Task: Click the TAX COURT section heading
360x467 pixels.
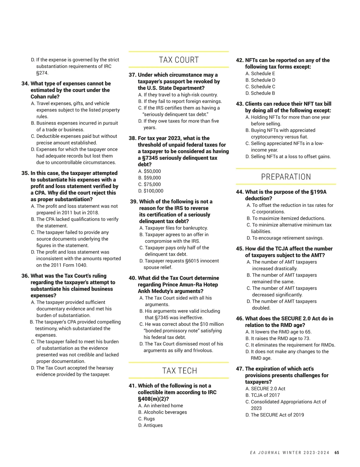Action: click(x=179, y=60)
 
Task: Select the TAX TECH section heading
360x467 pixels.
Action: click(x=180, y=371)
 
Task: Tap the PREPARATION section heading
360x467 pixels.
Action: click(x=286, y=177)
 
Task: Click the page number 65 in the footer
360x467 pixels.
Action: click(x=337, y=453)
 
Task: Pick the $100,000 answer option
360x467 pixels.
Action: click(x=151, y=191)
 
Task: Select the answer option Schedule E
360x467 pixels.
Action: click(x=260, y=73)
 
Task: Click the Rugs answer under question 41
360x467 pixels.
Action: click(x=146, y=419)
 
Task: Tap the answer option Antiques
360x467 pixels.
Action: click(x=150, y=425)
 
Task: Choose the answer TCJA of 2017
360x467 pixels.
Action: click(x=262, y=395)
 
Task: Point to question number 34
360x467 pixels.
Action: click(x=25, y=84)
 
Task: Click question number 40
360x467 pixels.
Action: click(x=132, y=278)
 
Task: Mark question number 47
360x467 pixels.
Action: click(x=240, y=369)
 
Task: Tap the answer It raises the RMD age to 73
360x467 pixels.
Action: click(x=278, y=338)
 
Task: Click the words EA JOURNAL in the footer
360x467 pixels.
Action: click(x=265, y=453)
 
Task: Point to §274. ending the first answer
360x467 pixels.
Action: click(x=42, y=73)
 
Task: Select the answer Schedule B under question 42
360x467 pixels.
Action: click(x=260, y=93)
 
